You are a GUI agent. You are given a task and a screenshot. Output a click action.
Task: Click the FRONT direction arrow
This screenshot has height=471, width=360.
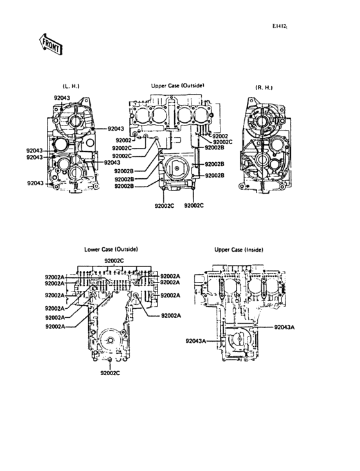[50, 44]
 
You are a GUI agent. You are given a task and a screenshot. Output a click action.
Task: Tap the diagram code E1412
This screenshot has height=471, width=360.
[280, 26]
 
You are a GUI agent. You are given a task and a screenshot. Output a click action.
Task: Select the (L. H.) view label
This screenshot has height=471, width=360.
[71, 86]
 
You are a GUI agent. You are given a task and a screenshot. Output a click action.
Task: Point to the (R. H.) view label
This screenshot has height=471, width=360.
[264, 88]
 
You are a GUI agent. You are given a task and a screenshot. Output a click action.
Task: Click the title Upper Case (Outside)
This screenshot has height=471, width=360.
[177, 86]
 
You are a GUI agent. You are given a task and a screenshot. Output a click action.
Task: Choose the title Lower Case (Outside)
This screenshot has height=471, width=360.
[111, 249]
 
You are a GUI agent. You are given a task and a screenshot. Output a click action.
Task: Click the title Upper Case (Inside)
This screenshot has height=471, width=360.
[239, 250]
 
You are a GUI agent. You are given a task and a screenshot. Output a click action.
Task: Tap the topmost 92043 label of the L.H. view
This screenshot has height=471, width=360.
[62, 98]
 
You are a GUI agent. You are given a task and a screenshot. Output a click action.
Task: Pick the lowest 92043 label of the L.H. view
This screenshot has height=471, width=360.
[35, 183]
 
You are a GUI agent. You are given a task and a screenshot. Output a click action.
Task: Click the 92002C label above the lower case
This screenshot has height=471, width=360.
[114, 261]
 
